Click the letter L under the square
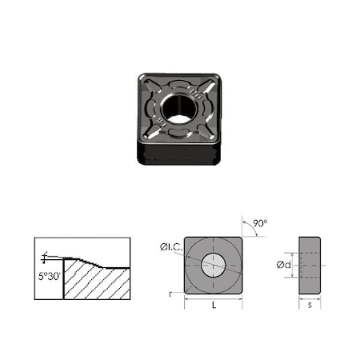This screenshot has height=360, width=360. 213,306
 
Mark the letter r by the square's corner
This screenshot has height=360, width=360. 171,294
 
